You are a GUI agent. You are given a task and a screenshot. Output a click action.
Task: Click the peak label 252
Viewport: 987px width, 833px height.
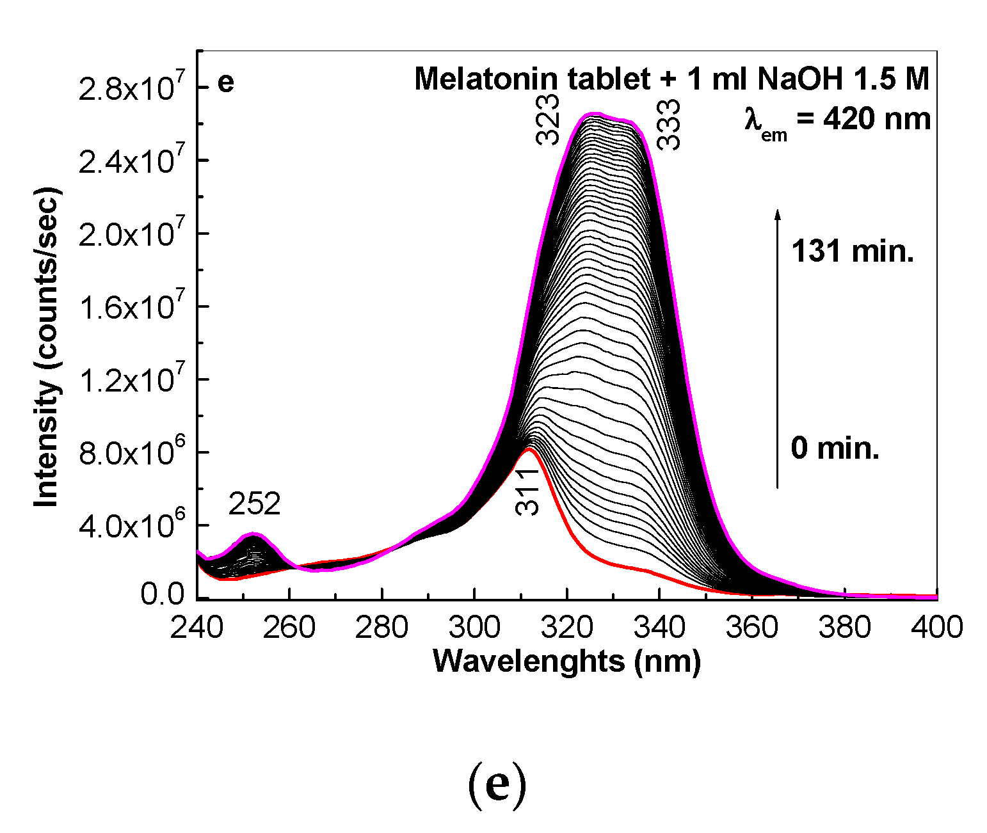(255, 505)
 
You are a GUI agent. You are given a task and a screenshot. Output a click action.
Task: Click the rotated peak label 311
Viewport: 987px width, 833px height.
(528, 491)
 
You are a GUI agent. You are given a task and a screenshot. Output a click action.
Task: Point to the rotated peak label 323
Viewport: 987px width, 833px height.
(549, 120)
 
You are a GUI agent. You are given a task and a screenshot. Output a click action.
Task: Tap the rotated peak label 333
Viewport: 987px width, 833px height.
(670, 124)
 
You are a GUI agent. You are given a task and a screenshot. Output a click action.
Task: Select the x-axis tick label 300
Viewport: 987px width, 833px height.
(474, 628)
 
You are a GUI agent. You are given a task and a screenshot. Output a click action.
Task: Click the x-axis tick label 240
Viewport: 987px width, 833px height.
(197, 628)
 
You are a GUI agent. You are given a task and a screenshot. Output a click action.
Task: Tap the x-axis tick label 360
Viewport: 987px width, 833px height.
(752, 628)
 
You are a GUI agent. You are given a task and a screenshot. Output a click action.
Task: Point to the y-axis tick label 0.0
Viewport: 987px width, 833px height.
(163, 594)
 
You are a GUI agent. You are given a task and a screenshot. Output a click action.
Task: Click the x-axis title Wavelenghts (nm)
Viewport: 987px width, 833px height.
(567, 661)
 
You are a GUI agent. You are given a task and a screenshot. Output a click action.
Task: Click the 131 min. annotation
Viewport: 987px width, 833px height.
(853, 251)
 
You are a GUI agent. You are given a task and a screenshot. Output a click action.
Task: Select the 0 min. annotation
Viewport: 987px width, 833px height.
(835, 448)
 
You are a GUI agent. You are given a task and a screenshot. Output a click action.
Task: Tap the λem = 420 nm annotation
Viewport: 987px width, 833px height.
(837, 120)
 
